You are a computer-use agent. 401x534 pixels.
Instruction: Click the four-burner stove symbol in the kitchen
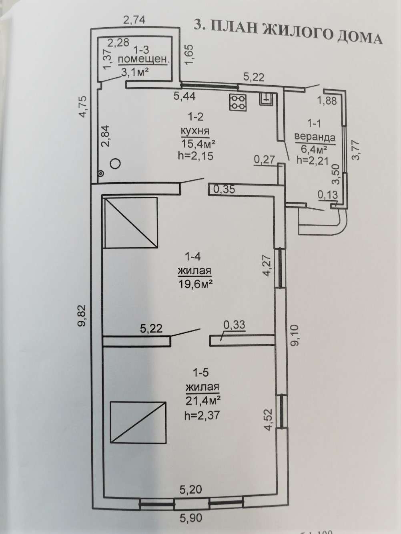click(238, 102)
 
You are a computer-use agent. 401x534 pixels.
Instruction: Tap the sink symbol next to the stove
click(267, 99)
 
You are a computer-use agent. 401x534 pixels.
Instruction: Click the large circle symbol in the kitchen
click(115, 164)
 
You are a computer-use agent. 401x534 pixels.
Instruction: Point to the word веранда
click(315, 138)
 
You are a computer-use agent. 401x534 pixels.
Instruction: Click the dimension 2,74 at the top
click(134, 20)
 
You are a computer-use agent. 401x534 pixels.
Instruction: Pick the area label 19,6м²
click(194, 283)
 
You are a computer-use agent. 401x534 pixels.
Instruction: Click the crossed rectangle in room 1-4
click(131, 223)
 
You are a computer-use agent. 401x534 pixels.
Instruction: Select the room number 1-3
click(141, 50)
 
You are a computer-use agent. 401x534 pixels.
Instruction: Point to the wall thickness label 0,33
click(235, 325)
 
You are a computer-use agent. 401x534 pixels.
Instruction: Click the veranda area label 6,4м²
click(313, 149)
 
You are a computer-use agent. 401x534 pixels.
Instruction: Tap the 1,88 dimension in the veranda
click(327, 101)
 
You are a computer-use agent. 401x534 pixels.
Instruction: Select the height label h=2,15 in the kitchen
click(196, 156)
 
